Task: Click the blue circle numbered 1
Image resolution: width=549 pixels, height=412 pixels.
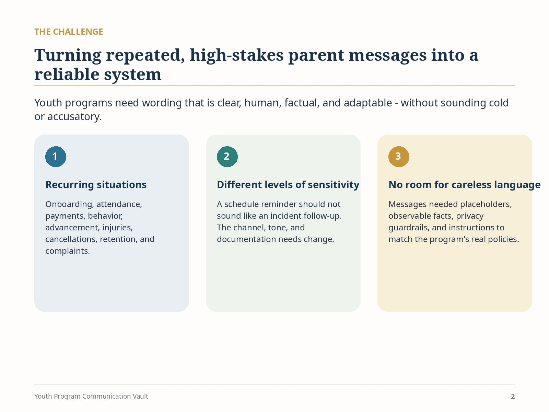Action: (x=56, y=157)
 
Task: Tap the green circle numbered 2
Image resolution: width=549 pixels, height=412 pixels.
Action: (x=227, y=157)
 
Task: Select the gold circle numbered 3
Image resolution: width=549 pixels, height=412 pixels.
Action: (x=399, y=157)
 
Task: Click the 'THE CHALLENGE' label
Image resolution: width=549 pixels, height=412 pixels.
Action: (x=69, y=32)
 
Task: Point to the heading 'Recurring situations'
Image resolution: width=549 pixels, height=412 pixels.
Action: (x=96, y=185)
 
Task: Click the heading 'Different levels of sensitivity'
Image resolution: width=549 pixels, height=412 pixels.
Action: (x=288, y=185)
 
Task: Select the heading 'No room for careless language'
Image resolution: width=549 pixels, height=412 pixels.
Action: (x=465, y=185)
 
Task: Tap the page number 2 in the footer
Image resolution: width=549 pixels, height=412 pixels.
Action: (x=513, y=397)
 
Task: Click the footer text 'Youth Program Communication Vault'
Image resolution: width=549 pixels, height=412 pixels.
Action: (x=91, y=396)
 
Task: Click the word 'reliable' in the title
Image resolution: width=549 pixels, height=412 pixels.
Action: (x=67, y=74)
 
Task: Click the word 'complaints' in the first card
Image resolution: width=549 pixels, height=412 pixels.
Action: (x=67, y=251)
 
